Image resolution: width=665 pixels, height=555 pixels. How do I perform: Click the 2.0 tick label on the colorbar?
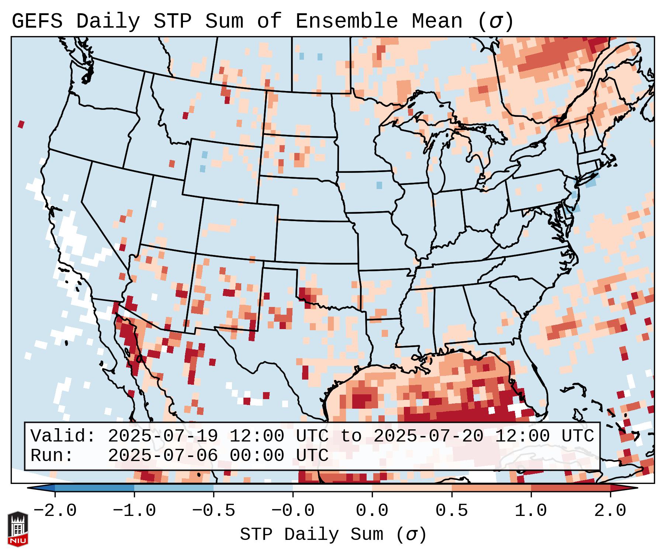(x=610, y=511)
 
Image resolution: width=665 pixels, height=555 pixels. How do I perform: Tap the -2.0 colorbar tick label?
(x=55, y=511)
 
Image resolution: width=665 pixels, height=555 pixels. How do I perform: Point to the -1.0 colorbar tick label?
(x=134, y=511)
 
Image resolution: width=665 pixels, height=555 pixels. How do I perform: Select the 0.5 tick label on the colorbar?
(x=451, y=511)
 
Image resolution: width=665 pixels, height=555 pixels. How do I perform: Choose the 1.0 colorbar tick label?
(x=531, y=511)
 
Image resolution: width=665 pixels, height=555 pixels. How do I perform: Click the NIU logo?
(x=18, y=529)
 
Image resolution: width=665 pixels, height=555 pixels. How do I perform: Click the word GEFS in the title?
(x=37, y=21)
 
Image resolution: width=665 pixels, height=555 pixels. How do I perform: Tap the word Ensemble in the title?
(x=347, y=21)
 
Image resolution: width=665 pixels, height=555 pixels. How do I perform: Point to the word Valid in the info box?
(x=63, y=436)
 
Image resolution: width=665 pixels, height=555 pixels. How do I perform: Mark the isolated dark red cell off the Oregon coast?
(x=21, y=124)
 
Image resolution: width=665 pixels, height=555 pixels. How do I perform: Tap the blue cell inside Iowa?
(x=379, y=185)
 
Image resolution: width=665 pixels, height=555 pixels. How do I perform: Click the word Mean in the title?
(x=437, y=21)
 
